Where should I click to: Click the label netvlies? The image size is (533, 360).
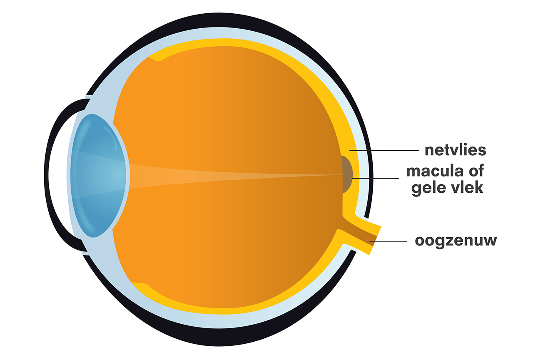[455, 150]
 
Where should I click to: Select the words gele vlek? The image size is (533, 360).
[447, 188]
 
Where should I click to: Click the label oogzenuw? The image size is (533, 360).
[456, 241]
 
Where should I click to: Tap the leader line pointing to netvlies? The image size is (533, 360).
[383, 150]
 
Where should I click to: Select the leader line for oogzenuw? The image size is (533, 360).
[389, 241]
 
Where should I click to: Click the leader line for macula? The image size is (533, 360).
[375, 178]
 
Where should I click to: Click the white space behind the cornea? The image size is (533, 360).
[58, 175]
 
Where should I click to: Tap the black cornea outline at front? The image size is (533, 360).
[47, 175]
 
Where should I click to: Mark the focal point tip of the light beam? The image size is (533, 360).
[341, 175]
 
